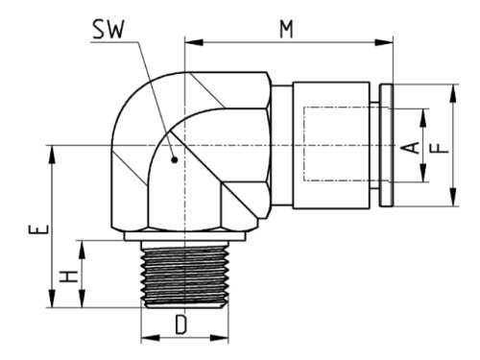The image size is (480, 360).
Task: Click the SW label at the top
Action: (108, 33)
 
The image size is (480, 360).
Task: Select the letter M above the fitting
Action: (286, 28)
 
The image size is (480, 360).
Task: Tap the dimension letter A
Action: (408, 146)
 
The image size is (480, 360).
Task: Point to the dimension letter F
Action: (436, 146)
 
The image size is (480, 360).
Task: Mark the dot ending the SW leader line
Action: (174, 160)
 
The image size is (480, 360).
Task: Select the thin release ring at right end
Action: (386, 145)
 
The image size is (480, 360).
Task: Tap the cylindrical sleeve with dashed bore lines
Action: (332, 145)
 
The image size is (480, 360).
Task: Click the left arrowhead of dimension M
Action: (189, 41)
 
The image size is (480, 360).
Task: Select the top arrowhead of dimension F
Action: (452, 89)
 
